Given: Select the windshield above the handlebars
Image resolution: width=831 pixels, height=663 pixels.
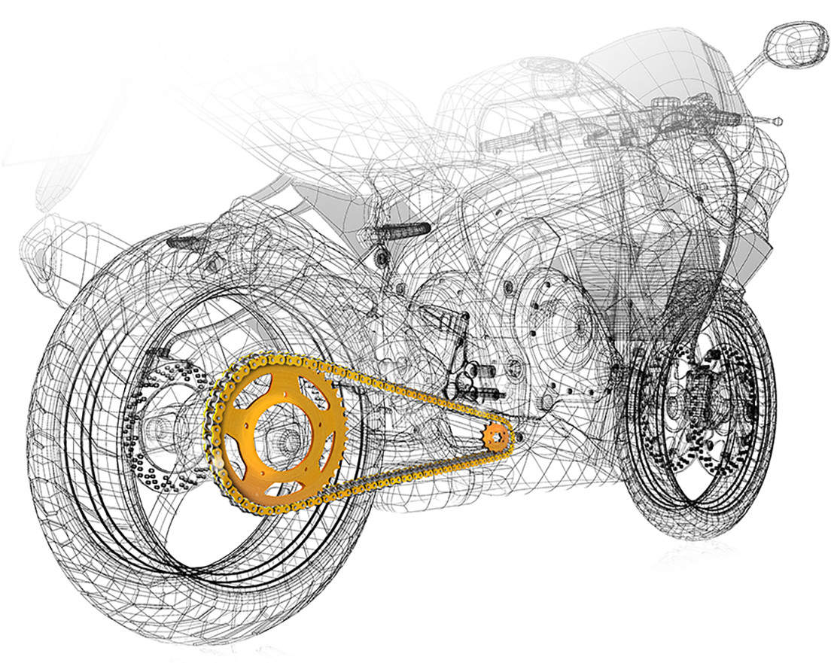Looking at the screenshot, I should [647, 60].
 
